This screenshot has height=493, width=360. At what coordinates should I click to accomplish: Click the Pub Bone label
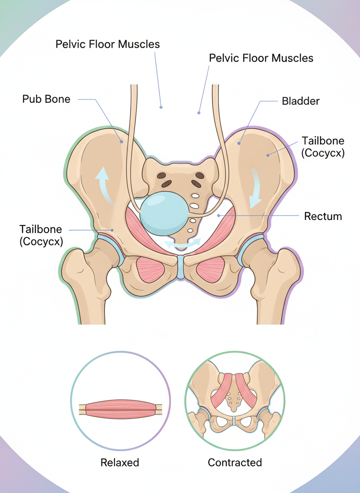46,100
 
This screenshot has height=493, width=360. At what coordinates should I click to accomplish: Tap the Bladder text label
300,101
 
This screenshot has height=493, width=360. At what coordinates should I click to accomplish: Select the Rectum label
323,216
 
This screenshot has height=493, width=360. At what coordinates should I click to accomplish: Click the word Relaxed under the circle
120,462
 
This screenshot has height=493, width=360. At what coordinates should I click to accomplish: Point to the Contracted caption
235,462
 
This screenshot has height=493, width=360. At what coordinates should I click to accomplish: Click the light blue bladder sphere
163,212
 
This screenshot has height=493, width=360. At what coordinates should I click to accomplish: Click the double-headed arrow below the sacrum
182,244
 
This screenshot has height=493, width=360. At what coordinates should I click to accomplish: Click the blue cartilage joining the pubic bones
180,267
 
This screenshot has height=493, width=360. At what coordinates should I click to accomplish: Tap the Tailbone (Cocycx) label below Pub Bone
41,235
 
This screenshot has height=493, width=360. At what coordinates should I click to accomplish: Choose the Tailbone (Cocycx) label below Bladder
323,147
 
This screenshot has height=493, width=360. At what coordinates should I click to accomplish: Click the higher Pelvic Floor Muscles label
107,44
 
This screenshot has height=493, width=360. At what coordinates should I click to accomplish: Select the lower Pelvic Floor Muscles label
261,58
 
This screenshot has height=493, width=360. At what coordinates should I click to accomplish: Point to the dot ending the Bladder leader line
239,143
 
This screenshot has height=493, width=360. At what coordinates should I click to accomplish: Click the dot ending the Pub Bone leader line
122,142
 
